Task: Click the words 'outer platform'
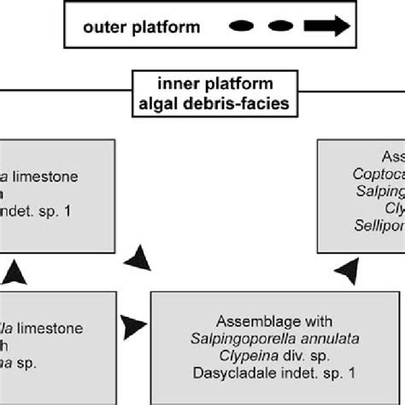pyautogui.click(x=142, y=27)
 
